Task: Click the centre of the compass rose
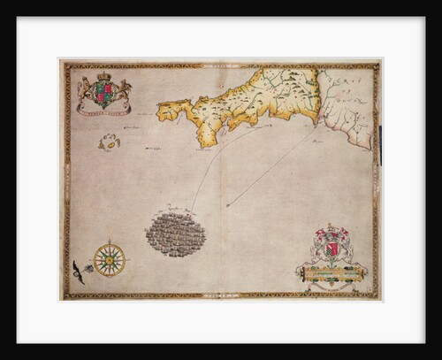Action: (x=110, y=259)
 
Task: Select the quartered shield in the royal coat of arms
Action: (x=103, y=92)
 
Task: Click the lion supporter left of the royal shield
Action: (x=86, y=89)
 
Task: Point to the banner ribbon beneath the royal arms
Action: (x=103, y=110)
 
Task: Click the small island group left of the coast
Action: (x=110, y=142)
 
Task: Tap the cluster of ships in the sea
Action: (x=176, y=234)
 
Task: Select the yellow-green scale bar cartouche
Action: (x=334, y=274)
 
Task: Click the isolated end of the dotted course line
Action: (x=227, y=206)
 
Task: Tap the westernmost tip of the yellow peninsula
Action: (x=158, y=112)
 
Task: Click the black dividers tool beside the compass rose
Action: (x=79, y=272)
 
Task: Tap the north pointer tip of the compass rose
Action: (x=110, y=241)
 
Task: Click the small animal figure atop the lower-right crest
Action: (x=332, y=227)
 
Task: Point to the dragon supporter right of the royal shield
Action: (x=123, y=90)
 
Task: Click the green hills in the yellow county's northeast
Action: (x=301, y=84)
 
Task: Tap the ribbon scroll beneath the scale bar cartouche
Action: (x=334, y=285)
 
